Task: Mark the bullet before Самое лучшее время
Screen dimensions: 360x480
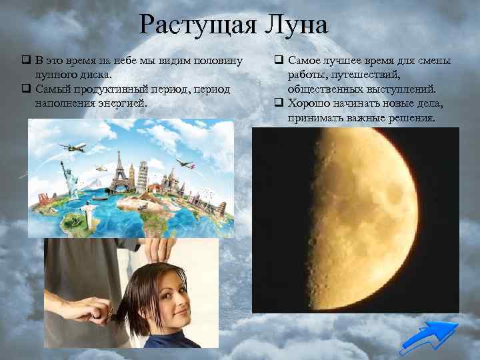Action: click(279, 61)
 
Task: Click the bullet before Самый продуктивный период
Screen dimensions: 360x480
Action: click(25, 89)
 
